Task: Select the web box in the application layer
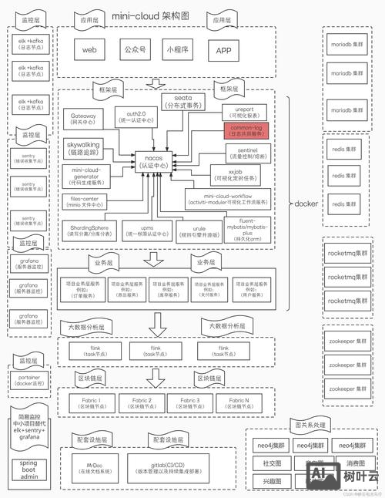89,51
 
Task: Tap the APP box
224,51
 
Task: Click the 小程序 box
178,51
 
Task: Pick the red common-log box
245,130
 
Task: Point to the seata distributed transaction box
182,101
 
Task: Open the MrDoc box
95,466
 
